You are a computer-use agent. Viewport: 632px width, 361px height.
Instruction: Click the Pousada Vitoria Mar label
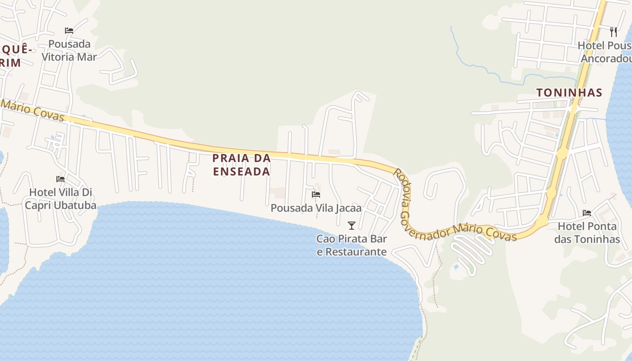tap(69, 51)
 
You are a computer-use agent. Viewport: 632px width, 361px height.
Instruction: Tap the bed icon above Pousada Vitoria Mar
tap(69, 31)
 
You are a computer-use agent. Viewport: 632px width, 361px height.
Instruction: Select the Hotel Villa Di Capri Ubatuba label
tap(60, 199)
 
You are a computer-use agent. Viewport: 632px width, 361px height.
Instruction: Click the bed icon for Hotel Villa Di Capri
tap(60, 179)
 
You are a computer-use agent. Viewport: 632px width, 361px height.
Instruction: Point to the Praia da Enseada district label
tap(242, 165)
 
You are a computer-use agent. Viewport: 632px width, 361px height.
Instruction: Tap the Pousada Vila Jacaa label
tap(316, 208)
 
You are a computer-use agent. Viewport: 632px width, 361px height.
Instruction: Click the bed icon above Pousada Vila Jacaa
tap(316, 194)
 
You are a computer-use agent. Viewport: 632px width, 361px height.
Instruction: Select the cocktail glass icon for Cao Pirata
tap(352, 225)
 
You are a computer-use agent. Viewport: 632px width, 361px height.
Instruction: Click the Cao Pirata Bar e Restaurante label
tap(352, 245)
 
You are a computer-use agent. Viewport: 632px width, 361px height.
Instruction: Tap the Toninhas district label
tap(569, 93)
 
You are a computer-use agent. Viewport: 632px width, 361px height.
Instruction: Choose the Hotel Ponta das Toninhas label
tap(587, 232)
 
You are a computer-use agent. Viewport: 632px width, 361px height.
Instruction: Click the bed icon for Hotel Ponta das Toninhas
tap(587, 213)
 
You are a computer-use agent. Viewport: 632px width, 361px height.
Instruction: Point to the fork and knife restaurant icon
tap(613, 32)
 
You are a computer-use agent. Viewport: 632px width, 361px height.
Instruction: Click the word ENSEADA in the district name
tap(242, 171)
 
